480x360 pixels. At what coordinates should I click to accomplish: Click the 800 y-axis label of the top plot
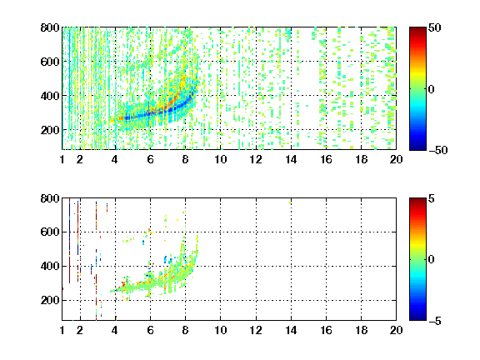pyautogui.click(x=50, y=27)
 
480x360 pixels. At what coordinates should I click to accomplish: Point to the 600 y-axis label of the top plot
pyautogui.click(x=50, y=62)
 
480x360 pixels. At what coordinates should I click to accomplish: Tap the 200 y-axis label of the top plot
pyautogui.click(x=50, y=130)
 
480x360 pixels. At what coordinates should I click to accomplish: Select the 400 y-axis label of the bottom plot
pyautogui.click(x=50, y=266)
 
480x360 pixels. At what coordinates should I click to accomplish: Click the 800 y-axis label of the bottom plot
pyautogui.click(x=50, y=198)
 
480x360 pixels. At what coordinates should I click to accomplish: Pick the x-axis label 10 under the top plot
pyautogui.click(x=220, y=159)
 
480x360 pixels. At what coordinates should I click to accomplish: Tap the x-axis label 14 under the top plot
pyautogui.click(x=291, y=159)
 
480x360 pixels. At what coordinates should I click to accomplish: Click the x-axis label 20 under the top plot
pyautogui.click(x=396, y=159)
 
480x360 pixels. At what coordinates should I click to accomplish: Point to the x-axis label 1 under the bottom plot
pyautogui.click(x=62, y=330)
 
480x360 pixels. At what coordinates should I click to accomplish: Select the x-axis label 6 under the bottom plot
pyautogui.click(x=150, y=330)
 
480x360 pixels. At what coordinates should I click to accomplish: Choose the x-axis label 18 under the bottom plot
pyautogui.click(x=361, y=330)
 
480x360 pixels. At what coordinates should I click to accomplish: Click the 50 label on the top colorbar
pyautogui.click(x=434, y=27)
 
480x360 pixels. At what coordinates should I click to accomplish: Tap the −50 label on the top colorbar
pyautogui.click(x=438, y=150)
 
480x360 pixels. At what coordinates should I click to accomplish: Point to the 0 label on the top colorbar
pyautogui.click(x=431, y=89)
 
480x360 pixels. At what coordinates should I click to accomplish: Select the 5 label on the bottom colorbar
pyautogui.click(x=432, y=198)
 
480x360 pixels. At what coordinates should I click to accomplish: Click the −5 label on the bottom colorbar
pyautogui.click(x=435, y=321)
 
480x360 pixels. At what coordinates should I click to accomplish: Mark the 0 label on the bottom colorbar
pyautogui.click(x=431, y=260)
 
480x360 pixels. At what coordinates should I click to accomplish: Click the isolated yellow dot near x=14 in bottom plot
pyautogui.click(x=290, y=202)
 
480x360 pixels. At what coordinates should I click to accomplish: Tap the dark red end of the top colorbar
pyautogui.click(x=417, y=30)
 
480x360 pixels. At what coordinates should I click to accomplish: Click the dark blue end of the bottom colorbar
pyautogui.click(x=417, y=317)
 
